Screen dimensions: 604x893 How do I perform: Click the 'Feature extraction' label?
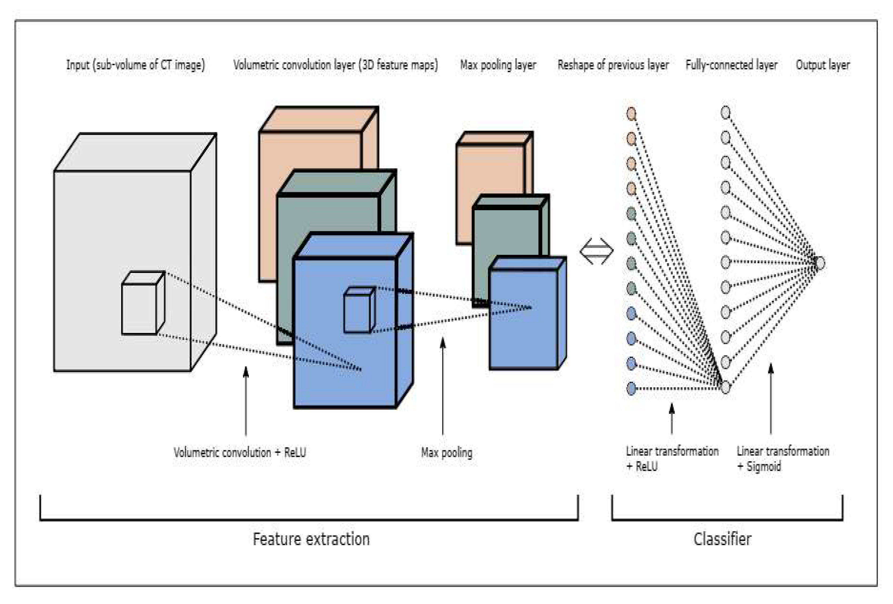click(311, 539)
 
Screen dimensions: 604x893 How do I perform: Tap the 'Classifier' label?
click(722, 539)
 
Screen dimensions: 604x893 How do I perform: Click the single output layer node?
click(820, 263)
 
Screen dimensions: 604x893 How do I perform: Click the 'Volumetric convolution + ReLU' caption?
click(240, 453)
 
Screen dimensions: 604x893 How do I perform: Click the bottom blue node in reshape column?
click(631, 388)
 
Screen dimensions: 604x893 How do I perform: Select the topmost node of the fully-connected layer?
click(725, 113)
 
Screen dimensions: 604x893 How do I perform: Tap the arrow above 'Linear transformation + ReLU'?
click(672, 419)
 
